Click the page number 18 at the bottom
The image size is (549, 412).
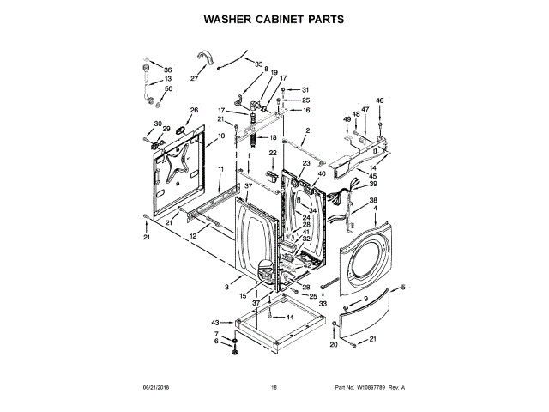pos(274,388)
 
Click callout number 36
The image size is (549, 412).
pos(168,70)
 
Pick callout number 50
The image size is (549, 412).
pos(168,88)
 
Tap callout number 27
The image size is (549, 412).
pos(193,78)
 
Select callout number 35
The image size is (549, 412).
pos(259,64)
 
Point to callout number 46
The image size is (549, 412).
pos(380,100)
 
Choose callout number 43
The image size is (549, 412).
pos(215,322)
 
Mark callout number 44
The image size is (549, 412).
pos(289,318)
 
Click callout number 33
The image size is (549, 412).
pos(323,303)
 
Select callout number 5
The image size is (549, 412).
pos(403,286)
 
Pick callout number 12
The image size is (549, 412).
pos(193,236)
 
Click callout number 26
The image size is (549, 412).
pos(194,110)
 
